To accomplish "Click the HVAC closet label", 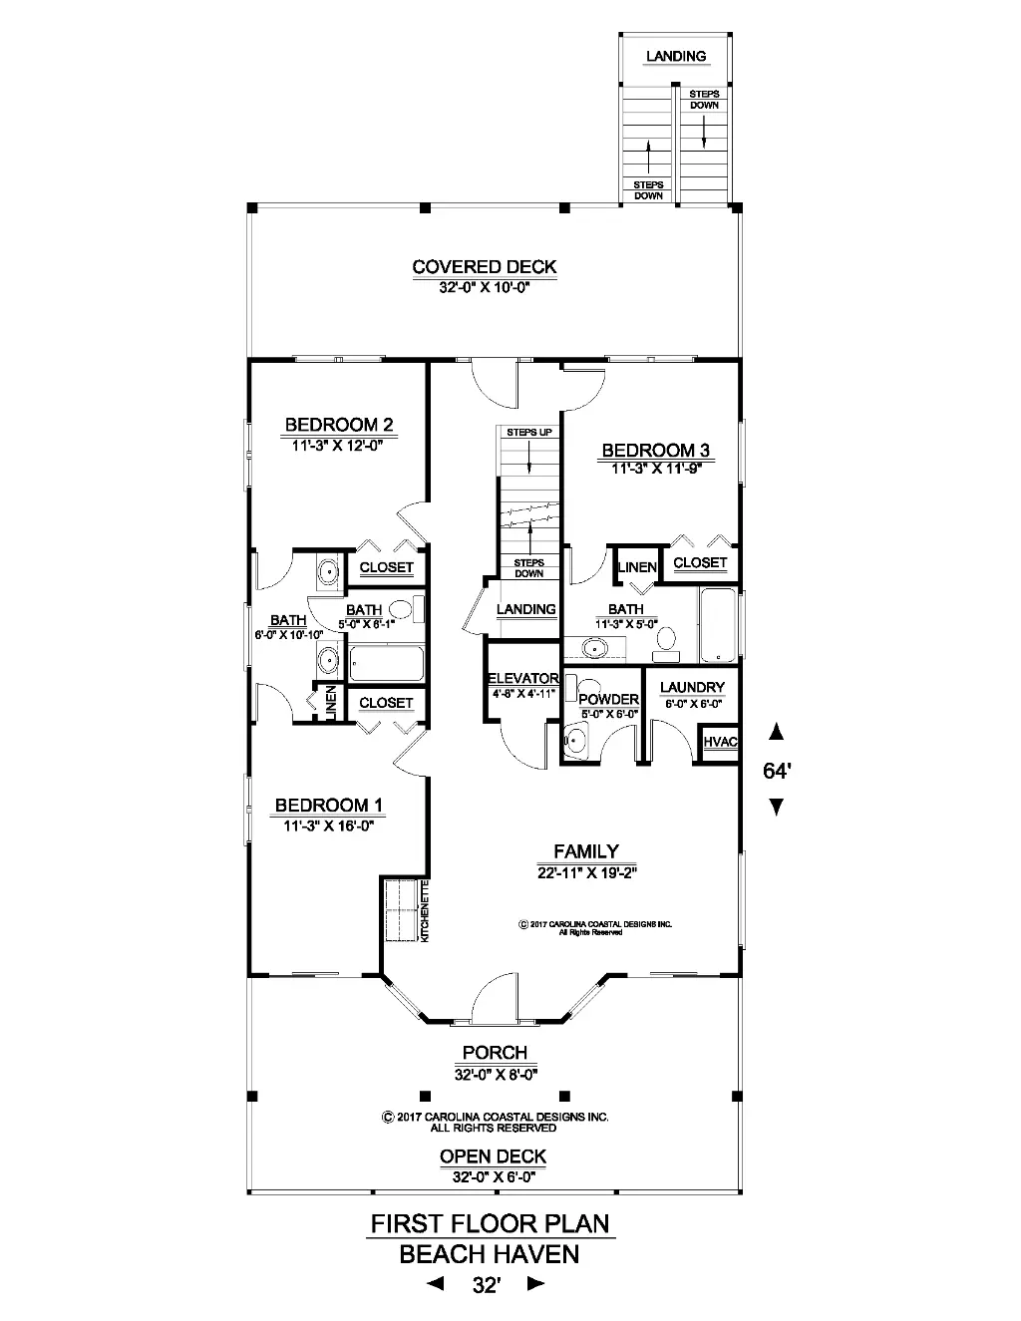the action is [720, 742].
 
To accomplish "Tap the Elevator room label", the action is [523, 678].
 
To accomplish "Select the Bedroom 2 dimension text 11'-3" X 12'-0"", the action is [337, 446].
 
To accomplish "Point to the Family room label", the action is [586, 851].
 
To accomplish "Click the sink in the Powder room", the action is [575, 741].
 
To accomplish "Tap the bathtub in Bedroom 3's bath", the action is [718, 624].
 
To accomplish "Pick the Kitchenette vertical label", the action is [425, 911].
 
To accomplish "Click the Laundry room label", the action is [692, 687].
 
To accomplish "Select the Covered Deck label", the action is [485, 267].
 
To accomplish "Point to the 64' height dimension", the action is [777, 771].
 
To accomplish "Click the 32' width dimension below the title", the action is [487, 1285].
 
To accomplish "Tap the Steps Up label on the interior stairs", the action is [529, 433].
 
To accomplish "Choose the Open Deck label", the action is [493, 1156].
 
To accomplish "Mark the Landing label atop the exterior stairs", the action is [676, 57].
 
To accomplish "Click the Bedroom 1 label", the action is [329, 805].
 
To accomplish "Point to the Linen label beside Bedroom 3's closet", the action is [637, 567].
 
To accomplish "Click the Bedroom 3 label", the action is [656, 451].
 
